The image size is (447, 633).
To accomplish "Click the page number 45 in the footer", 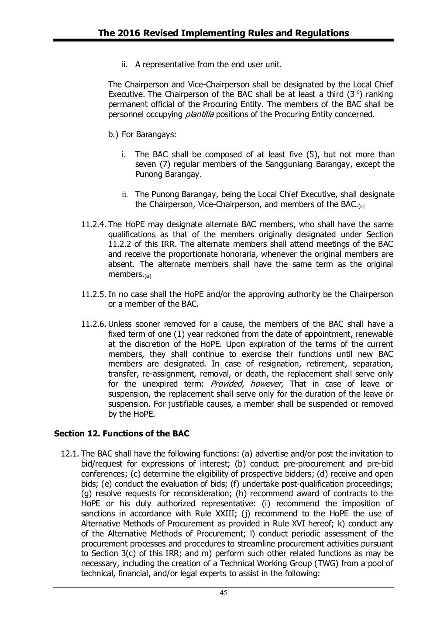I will pos(223,592).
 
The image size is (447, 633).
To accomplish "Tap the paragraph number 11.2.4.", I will pos(94,225).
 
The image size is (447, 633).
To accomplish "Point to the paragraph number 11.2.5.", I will pos(94,294).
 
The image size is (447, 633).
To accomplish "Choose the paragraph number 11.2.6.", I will pos(94,324).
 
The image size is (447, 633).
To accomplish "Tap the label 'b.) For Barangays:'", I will pos(142,134).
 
